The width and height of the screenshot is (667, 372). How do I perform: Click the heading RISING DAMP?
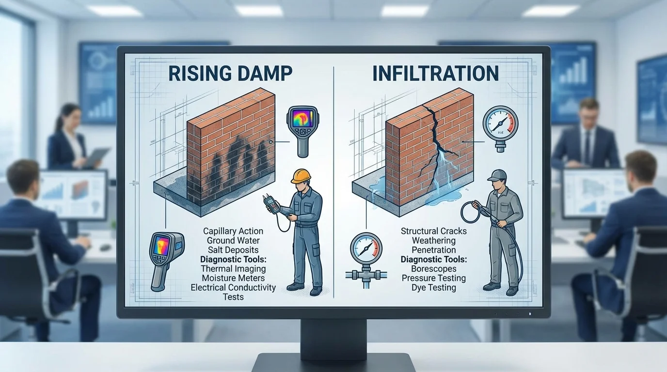(x=230, y=73)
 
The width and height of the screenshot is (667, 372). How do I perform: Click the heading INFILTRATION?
(x=435, y=73)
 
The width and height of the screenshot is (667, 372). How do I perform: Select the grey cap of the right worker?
(x=497, y=175)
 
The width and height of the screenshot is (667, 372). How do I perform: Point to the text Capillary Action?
(x=233, y=231)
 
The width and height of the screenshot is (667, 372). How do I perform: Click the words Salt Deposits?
(x=233, y=249)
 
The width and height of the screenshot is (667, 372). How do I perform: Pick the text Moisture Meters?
(x=233, y=278)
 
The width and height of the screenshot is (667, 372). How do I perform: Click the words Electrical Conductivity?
(x=233, y=288)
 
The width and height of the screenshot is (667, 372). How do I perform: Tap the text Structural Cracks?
(x=433, y=231)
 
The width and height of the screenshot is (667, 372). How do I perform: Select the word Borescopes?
(x=433, y=269)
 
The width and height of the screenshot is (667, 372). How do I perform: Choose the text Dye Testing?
(x=433, y=288)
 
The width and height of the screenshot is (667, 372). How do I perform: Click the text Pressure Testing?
(x=433, y=278)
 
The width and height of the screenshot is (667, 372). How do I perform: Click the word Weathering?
(x=433, y=240)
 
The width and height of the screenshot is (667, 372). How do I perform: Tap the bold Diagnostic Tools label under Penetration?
(x=433, y=259)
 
